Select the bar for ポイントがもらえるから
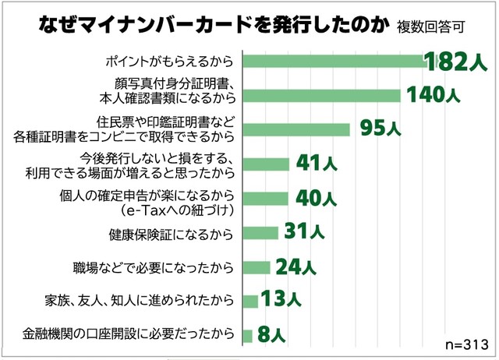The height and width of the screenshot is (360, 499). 332,61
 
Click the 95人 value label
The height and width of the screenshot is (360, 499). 380,129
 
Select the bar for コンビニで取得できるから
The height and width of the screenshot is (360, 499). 296,129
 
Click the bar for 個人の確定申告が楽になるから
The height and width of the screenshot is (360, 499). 265,198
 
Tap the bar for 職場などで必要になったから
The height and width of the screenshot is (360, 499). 257,267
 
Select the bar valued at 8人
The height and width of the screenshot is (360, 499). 247,336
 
